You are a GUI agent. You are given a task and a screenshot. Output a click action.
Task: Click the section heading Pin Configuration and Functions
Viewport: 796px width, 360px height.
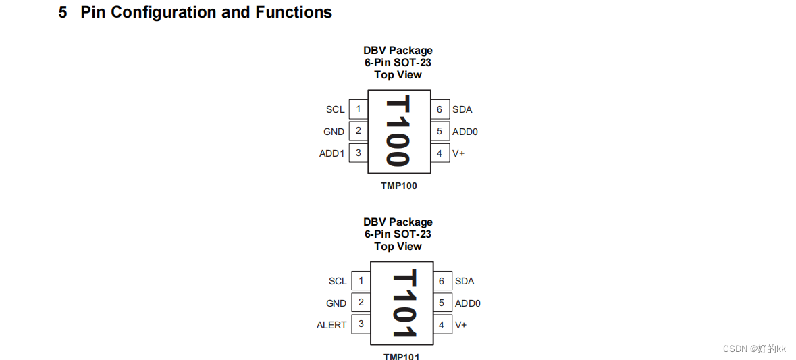point(205,12)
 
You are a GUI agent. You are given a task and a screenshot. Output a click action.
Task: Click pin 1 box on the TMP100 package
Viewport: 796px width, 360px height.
point(358,109)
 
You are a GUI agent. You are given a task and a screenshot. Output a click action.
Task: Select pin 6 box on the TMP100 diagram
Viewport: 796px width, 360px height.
point(440,109)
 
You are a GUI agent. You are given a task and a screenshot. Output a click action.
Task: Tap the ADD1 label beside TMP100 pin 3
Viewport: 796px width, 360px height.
point(331,153)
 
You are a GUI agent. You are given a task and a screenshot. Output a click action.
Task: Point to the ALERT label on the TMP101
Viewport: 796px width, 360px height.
point(331,325)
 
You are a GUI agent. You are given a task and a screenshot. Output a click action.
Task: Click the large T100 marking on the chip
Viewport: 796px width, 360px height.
point(398,132)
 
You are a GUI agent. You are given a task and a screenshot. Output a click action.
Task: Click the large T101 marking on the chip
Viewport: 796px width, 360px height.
point(403,303)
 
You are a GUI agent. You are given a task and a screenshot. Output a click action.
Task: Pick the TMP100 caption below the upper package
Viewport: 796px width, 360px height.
point(399,186)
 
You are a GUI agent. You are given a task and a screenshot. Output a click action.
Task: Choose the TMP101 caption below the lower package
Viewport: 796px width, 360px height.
point(401,356)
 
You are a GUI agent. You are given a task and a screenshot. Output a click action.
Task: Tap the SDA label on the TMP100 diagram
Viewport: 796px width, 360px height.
point(462,109)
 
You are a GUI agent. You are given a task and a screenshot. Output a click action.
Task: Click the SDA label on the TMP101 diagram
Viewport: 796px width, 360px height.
point(465,281)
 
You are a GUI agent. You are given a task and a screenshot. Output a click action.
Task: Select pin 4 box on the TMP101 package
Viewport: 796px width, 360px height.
point(442,325)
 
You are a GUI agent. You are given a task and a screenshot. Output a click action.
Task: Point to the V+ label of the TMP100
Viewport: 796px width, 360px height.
point(458,153)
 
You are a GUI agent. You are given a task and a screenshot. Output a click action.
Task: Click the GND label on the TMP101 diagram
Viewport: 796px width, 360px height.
point(336,303)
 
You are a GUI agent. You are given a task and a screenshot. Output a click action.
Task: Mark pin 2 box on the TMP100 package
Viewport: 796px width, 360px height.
point(358,131)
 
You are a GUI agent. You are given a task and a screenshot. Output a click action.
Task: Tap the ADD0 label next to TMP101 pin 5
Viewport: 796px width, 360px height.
point(467,303)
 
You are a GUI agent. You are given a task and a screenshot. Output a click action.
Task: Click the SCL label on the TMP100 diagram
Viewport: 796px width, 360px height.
point(336,109)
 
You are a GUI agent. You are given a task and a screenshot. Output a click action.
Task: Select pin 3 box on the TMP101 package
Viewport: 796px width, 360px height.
point(361,324)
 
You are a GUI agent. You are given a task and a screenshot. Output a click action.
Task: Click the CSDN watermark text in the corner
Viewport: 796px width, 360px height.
point(754,349)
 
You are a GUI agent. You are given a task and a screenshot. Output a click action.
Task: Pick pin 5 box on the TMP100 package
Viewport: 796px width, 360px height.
point(440,132)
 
